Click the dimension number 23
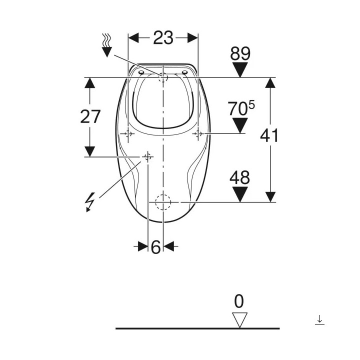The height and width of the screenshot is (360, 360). [163, 38]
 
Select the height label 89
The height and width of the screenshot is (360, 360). [240, 53]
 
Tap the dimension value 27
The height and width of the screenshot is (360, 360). [90, 116]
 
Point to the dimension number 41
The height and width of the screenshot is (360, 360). [269, 135]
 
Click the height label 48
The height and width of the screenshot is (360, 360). [239, 177]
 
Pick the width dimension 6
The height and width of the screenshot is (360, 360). [156, 247]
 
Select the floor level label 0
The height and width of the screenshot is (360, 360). [239, 301]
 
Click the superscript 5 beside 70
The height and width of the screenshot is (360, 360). [251, 105]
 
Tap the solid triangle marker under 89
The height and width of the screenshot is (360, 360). [240, 69]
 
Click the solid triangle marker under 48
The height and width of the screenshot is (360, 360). [240, 194]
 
